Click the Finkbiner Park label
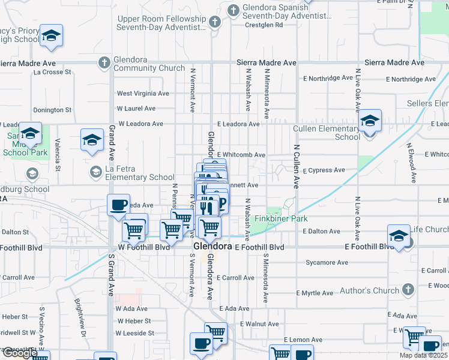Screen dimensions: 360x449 [x=281, y=219]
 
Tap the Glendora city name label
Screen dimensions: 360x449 [x=212, y=247]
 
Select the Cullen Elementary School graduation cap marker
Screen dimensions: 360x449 [x=370, y=122]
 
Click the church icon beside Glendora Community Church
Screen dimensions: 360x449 [x=104, y=62]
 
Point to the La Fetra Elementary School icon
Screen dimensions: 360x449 [x=95, y=173]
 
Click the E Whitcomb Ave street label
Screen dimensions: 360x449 [x=241, y=155]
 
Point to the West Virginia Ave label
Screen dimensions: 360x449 [x=143, y=94]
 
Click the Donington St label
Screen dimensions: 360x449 [x=52, y=110]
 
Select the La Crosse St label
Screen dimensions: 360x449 [x=52, y=72]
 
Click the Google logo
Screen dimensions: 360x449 [x=20, y=353]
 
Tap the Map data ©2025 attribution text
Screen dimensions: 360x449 [x=423, y=355]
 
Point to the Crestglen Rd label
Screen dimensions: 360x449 [x=264, y=25]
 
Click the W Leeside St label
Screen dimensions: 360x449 [x=135, y=333]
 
